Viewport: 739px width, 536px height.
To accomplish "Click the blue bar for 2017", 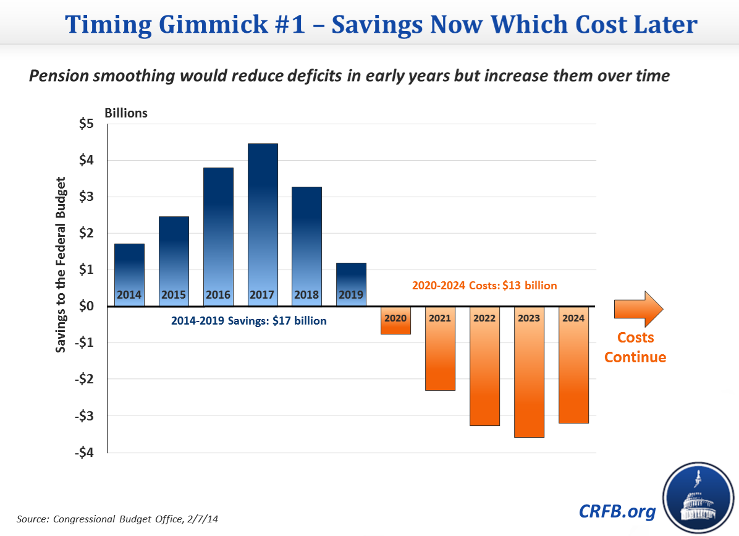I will coord(263,223).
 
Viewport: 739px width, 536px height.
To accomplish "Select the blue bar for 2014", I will coord(130,272).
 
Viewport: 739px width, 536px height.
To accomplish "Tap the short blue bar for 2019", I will coord(351,281).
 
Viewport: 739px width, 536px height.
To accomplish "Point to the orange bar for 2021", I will coord(440,349).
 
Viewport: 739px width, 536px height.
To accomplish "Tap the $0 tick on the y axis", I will coord(86,306).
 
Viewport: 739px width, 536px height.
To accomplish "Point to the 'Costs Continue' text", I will coord(635,347).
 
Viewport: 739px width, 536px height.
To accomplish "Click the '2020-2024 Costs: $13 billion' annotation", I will coord(484,286).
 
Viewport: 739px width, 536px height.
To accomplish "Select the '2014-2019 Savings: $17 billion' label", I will coord(249,321).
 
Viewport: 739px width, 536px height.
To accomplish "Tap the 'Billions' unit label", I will coord(125,113).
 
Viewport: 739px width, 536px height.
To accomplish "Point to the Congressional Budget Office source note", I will coord(117,519).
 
